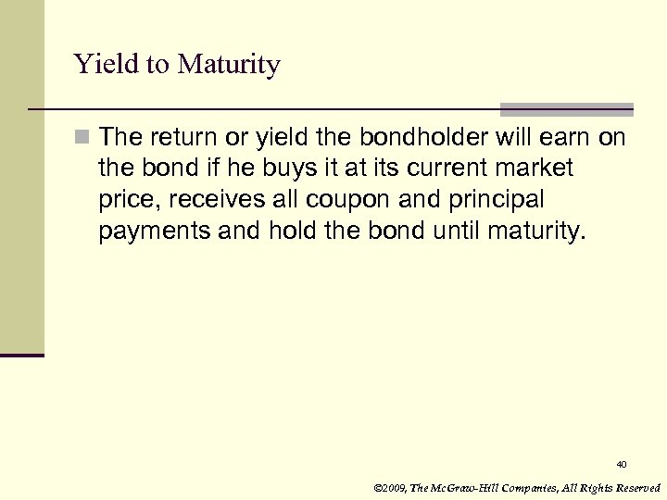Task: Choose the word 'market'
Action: [x=541, y=169]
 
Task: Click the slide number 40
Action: [x=621, y=463]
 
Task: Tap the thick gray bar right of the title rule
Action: [x=567, y=108]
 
